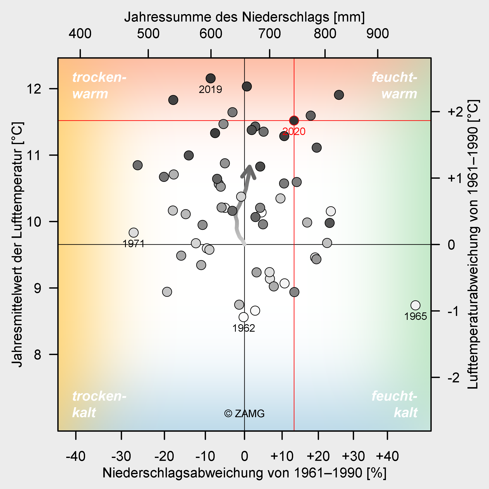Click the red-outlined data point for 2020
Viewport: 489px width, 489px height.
click(294, 121)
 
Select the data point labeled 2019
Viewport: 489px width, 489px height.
click(210, 78)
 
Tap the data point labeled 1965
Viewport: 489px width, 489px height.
click(415, 305)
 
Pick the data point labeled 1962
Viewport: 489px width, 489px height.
click(243, 317)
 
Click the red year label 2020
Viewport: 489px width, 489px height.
click(294, 132)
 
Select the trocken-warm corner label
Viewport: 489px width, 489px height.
click(99, 86)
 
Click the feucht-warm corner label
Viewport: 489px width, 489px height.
click(394, 86)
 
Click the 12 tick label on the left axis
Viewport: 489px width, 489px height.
click(34, 89)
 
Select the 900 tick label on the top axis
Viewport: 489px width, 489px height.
click(377, 34)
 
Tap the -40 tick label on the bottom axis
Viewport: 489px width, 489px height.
click(75, 456)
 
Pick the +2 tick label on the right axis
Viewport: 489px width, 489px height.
click(455, 112)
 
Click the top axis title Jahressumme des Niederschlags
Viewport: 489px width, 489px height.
click(244, 17)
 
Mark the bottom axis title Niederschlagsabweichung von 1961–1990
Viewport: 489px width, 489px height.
click(244, 473)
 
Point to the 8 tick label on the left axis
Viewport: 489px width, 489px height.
click(37, 355)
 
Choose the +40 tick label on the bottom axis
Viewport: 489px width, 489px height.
click(387, 456)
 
